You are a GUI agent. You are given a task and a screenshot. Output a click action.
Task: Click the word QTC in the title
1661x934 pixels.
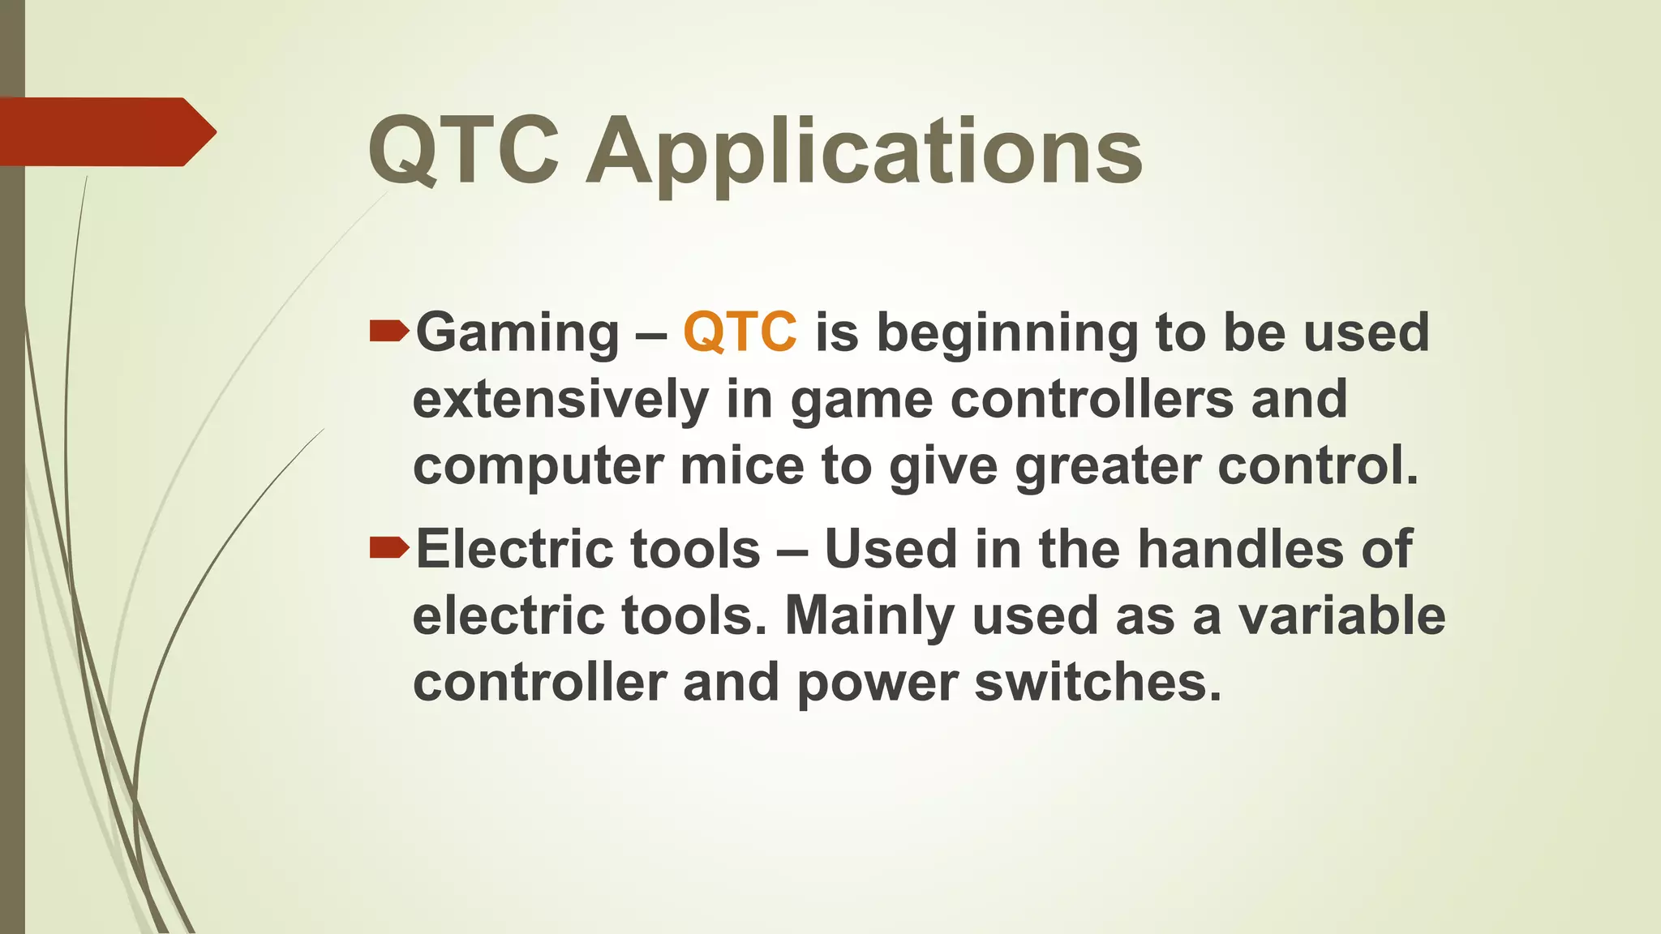click(x=463, y=151)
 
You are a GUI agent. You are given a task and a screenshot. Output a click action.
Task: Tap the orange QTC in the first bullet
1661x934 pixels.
click(x=740, y=332)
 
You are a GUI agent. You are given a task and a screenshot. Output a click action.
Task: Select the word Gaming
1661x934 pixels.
click(x=517, y=334)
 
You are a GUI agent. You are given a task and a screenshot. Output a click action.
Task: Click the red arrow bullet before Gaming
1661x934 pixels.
click(x=388, y=331)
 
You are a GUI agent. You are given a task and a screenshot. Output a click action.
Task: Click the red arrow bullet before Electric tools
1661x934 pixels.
click(x=388, y=548)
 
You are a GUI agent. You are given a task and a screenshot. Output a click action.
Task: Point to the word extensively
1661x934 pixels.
click(x=560, y=400)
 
